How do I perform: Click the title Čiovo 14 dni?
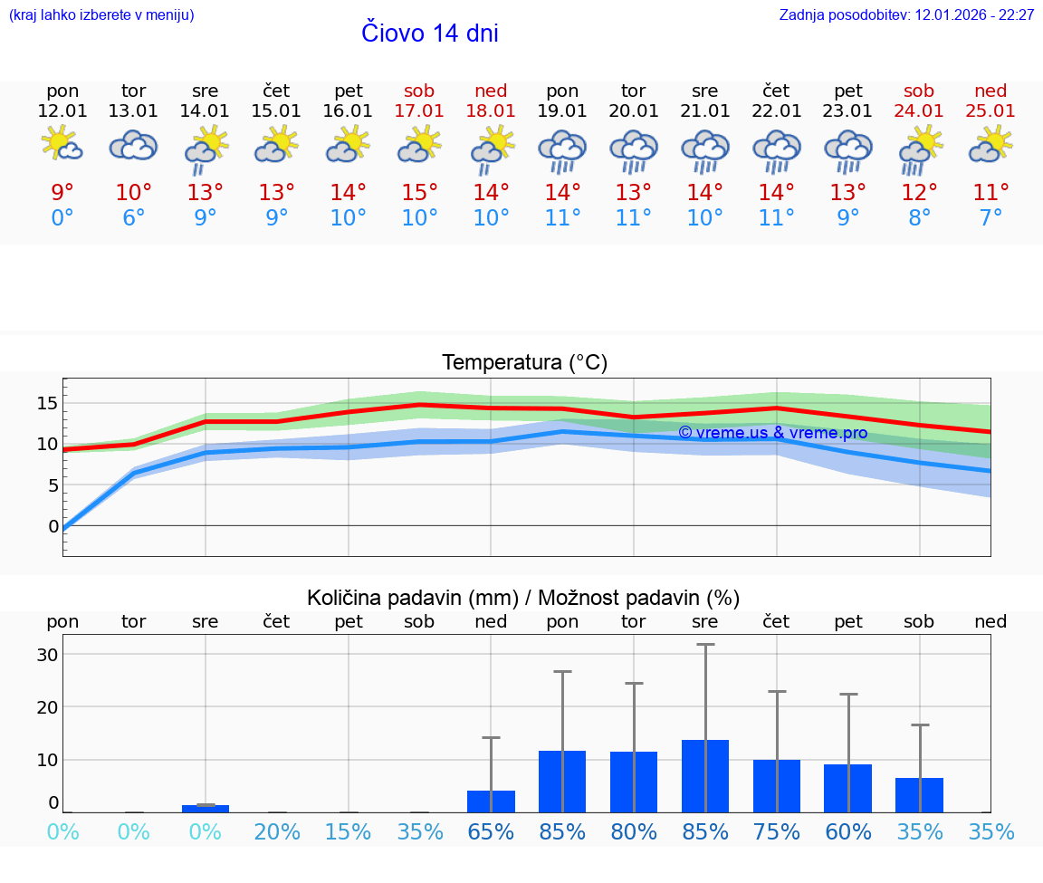(x=430, y=34)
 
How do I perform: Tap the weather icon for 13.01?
(x=134, y=146)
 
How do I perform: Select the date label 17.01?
(x=419, y=111)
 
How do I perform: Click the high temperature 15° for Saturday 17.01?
(x=419, y=193)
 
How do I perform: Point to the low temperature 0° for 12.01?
(x=62, y=218)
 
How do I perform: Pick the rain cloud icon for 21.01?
(x=705, y=149)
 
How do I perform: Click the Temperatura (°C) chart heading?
(x=524, y=363)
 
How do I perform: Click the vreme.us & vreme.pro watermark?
(x=772, y=433)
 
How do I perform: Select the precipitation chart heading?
(x=523, y=598)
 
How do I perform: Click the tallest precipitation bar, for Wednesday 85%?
(x=705, y=775)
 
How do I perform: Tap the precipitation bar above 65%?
(x=491, y=801)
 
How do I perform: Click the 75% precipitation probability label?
(x=777, y=832)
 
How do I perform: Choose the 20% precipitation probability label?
(x=277, y=832)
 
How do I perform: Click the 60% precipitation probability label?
(x=848, y=832)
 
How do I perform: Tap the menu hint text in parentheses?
(x=101, y=15)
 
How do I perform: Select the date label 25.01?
(x=990, y=111)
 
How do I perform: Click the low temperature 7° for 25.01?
(x=990, y=218)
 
